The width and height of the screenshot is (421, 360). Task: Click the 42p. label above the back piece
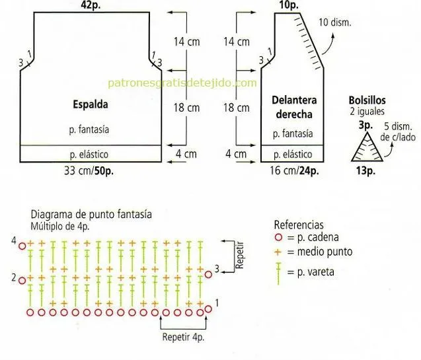click(91, 5)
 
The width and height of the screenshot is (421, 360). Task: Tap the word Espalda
click(91, 104)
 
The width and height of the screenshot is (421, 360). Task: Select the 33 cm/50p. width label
click(89, 170)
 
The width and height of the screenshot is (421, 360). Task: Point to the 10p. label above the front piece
click(289, 5)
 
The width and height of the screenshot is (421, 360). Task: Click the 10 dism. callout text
click(335, 22)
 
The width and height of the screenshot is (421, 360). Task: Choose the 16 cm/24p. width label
click(295, 170)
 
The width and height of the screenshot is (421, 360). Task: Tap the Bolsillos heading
click(367, 100)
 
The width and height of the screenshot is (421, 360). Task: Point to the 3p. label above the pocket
click(365, 126)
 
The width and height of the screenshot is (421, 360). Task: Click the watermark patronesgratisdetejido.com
click(182, 83)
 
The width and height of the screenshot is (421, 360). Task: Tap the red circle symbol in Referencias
click(279, 237)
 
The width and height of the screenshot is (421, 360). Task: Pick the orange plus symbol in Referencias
click(278, 252)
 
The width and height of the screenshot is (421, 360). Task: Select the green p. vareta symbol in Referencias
click(278, 273)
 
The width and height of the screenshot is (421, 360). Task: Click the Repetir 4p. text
click(183, 337)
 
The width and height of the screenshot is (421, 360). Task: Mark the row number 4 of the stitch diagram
click(14, 240)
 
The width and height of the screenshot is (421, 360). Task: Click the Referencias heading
click(299, 225)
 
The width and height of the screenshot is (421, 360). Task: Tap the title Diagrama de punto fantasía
click(91, 215)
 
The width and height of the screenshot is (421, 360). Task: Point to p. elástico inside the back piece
click(89, 155)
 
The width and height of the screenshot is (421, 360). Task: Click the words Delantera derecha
click(294, 107)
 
